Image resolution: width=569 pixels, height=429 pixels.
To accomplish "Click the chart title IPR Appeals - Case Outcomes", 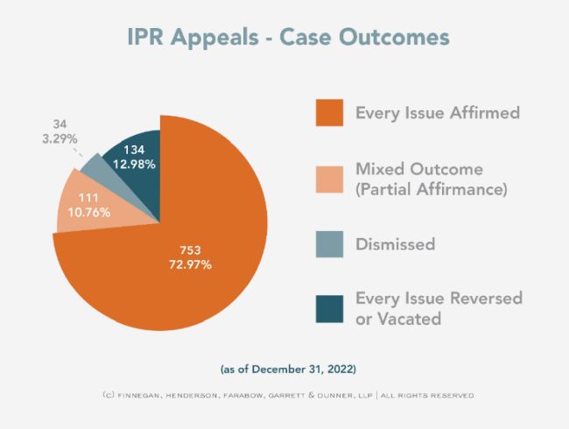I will [x=284, y=38].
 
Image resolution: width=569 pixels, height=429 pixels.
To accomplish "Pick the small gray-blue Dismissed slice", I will [x=95, y=168].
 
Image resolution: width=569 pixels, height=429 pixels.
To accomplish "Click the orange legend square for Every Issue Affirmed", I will [x=328, y=113].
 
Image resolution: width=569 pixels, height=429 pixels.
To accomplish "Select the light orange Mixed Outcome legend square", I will [x=328, y=178].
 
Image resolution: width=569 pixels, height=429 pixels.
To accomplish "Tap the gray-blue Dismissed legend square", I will [x=328, y=243].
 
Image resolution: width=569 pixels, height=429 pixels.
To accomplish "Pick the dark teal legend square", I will [x=328, y=308].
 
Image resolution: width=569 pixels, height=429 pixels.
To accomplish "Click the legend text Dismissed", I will [x=395, y=244].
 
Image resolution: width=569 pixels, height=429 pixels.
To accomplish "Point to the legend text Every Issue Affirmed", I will [x=437, y=113].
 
